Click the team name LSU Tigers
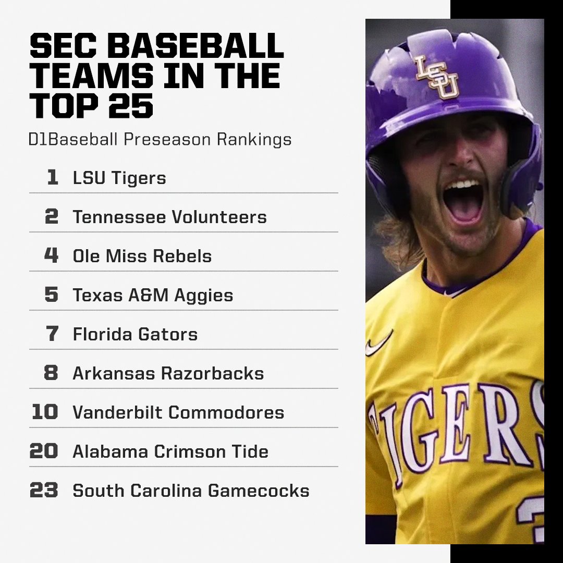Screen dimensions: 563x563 119,178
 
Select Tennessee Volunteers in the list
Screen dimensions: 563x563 169,217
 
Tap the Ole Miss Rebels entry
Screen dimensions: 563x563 142,256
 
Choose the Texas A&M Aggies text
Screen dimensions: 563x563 153,296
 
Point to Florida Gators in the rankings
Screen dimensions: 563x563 135,335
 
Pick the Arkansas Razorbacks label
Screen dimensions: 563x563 168,374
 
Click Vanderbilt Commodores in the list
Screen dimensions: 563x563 178,413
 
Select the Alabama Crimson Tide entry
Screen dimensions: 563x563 170,452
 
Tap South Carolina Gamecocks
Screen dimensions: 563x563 191,491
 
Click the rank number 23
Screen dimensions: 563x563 44,491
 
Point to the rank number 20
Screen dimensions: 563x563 44,451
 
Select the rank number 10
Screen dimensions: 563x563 45,412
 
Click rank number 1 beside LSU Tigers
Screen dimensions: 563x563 52,178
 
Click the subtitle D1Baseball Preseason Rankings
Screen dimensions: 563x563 160,140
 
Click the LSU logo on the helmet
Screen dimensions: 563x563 437,77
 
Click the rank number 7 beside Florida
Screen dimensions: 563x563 52,334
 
